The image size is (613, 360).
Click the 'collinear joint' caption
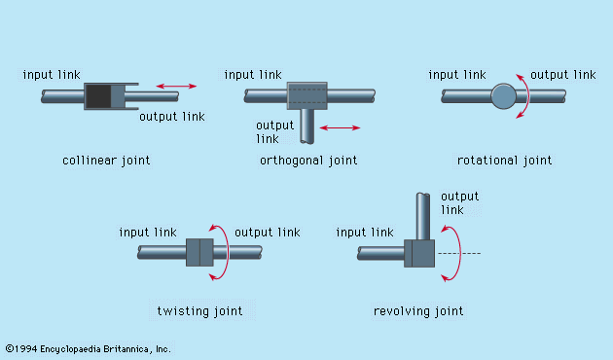(x=106, y=161)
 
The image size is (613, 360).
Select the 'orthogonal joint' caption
(x=308, y=161)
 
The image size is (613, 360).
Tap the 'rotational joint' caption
(x=504, y=161)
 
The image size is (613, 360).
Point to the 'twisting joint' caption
(x=199, y=311)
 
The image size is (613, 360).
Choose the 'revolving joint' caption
(x=418, y=311)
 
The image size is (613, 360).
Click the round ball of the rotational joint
(x=504, y=96)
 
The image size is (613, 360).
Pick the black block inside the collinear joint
(x=98, y=96)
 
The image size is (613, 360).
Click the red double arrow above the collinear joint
(x=176, y=86)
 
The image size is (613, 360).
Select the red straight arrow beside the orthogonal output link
(x=340, y=127)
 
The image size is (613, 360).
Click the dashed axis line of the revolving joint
(x=459, y=253)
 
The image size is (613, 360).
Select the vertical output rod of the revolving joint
(x=423, y=216)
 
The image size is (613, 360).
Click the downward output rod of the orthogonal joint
(x=307, y=126)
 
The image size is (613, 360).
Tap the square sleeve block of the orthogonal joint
(x=307, y=95)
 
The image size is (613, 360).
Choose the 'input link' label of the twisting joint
(x=148, y=233)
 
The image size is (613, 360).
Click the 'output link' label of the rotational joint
(x=563, y=75)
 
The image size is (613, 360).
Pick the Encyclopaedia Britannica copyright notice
(x=88, y=348)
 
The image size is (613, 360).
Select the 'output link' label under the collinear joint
(x=172, y=117)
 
